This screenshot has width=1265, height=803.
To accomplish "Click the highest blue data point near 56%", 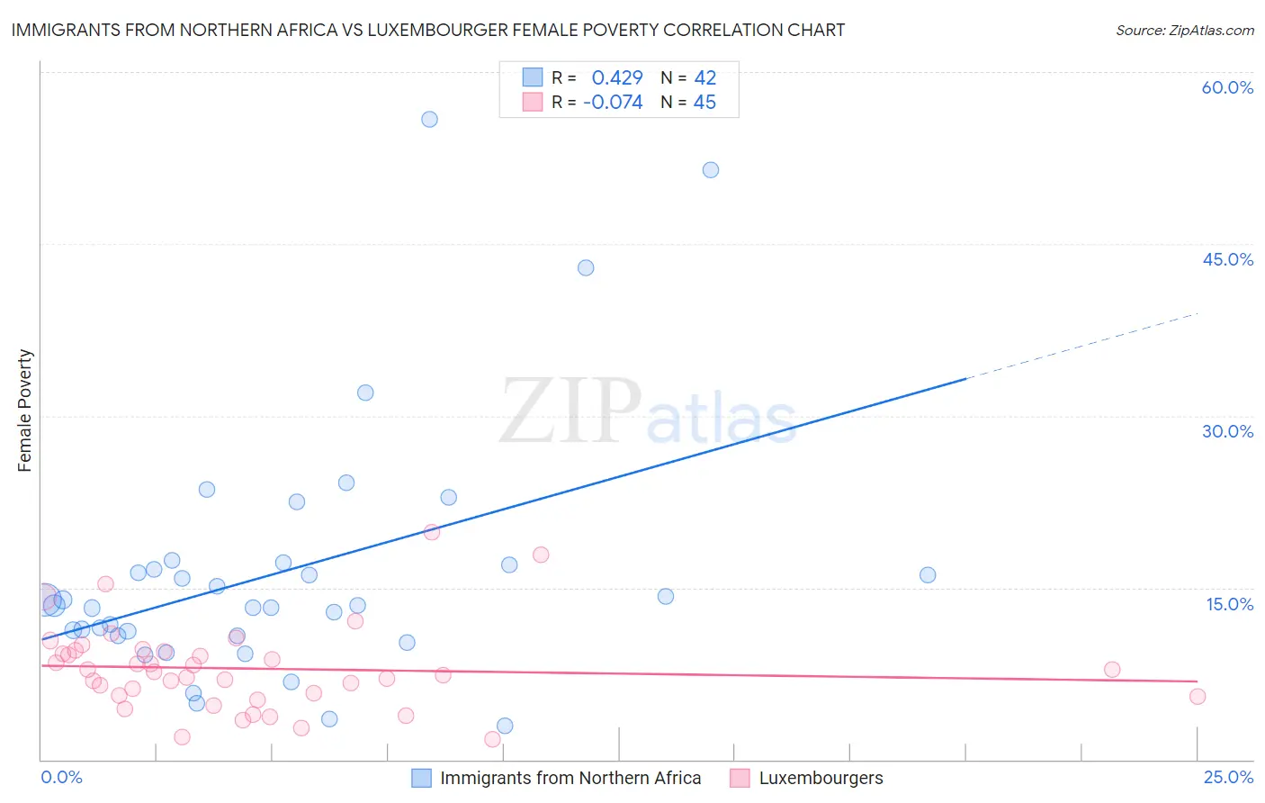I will coord(429,119).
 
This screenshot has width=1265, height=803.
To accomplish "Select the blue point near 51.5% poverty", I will coord(710,169).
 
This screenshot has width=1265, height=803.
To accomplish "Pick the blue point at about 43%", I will coord(586,267).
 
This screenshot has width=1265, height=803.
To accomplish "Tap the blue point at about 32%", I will coord(365,392).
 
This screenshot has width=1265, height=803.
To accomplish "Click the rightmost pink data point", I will coord(1197,696).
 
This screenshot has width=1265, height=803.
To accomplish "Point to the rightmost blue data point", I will coord(928,574).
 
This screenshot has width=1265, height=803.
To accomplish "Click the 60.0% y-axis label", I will coord(1227,87).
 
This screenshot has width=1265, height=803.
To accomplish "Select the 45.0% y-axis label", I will coord(1227,259).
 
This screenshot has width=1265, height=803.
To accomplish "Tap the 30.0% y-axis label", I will coord(1227,431).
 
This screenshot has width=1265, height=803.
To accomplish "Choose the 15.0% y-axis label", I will coord(1229,604).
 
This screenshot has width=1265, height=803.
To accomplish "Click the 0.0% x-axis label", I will coord(61,777).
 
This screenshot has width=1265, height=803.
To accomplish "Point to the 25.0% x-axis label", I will coord(1228,777).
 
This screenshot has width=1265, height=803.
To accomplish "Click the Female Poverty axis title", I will coord(25,411).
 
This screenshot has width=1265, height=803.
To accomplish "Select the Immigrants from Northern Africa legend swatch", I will coord(421,778).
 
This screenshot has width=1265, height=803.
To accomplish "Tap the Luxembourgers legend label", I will coord(821,778).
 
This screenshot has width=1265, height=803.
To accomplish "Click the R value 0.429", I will coord(617,77).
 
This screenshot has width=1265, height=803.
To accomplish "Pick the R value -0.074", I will coord(613,103).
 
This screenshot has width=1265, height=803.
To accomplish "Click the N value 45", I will coord(704,103).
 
